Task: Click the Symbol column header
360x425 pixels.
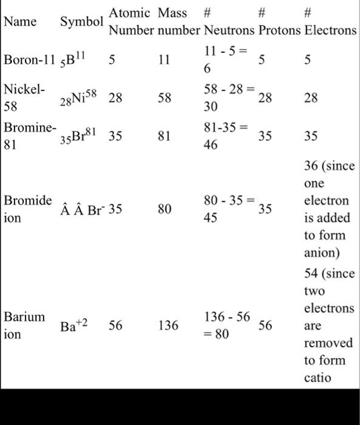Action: point(81,22)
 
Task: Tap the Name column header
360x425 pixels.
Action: point(20,22)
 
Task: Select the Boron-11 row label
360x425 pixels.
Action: point(29,60)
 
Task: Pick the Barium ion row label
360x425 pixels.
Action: point(24,325)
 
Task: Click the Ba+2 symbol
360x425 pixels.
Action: point(74,326)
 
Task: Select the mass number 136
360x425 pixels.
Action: point(168,326)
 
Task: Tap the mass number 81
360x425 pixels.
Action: point(164,137)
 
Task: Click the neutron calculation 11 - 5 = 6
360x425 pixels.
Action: point(225,60)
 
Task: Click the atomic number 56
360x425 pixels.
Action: point(115,326)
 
